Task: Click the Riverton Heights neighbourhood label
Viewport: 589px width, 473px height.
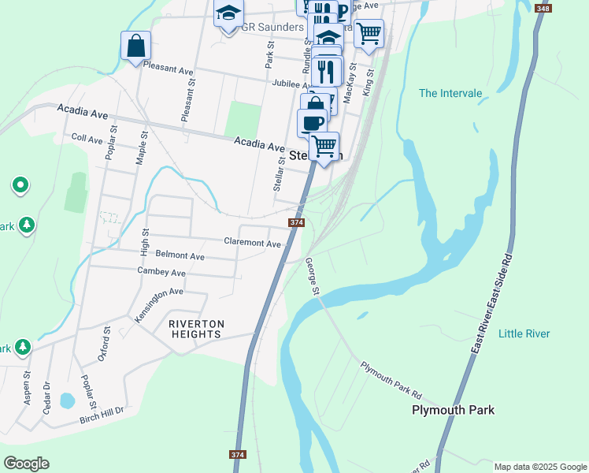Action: click(x=196, y=329)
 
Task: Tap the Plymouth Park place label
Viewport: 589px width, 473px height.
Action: click(x=454, y=410)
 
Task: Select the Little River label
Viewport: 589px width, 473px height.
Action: click(x=524, y=333)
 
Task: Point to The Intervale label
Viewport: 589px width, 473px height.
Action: click(x=450, y=93)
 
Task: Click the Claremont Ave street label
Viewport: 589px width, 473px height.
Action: click(x=252, y=244)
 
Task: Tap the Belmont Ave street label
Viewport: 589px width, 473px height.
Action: click(x=180, y=256)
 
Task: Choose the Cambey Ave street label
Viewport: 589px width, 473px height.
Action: click(x=161, y=272)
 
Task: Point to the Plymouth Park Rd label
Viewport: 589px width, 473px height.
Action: click(x=391, y=380)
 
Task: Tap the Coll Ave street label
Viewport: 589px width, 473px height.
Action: click(x=87, y=139)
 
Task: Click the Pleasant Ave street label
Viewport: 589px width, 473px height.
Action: click(x=169, y=70)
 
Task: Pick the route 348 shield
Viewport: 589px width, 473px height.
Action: click(x=543, y=8)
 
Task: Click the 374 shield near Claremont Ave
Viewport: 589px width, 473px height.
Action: click(x=297, y=223)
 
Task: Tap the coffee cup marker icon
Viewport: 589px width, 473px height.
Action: click(x=313, y=122)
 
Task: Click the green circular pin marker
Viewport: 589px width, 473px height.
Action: click(x=20, y=185)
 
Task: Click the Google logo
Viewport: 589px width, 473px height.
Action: click(x=26, y=464)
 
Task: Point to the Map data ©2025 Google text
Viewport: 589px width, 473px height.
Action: click(x=539, y=467)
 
